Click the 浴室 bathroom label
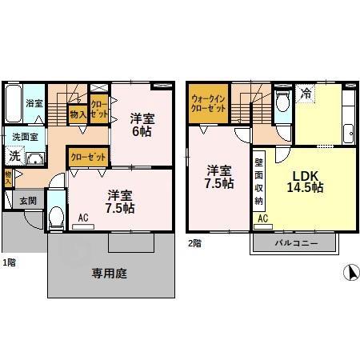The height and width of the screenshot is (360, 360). [34, 103]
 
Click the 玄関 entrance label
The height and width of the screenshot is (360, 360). [27, 201]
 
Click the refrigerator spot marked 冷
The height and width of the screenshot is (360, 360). [306, 93]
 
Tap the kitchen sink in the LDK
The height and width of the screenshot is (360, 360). [349, 133]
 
